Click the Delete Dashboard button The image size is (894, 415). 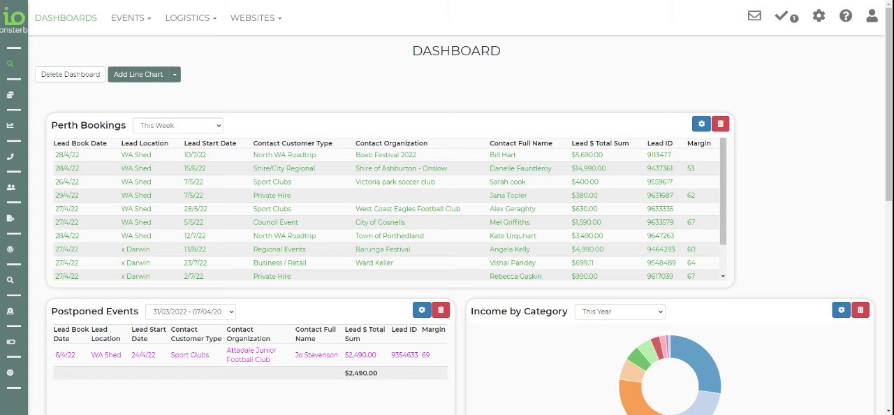(x=70, y=74)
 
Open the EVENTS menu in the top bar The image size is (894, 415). (x=131, y=17)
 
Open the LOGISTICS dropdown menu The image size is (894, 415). (x=191, y=17)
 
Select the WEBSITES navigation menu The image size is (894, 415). (x=256, y=17)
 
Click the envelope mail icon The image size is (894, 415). (x=754, y=15)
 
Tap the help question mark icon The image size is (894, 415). (x=846, y=15)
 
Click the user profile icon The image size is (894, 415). (x=872, y=15)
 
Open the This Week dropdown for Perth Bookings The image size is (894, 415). (x=178, y=126)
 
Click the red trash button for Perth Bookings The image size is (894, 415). (x=720, y=124)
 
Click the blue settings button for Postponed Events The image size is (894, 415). (x=422, y=310)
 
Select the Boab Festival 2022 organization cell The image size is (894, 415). (x=386, y=155)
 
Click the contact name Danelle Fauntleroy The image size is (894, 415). (x=520, y=168)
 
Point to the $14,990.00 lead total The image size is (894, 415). (x=588, y=168)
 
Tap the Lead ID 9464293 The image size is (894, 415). (x=661, y=249)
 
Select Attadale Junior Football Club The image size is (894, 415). (x=251, y=355)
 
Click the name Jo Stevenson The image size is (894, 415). (x=316, y=355)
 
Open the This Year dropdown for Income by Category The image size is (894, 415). (x=620, y=312)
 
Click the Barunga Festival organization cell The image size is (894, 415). (x=383, y=249)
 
